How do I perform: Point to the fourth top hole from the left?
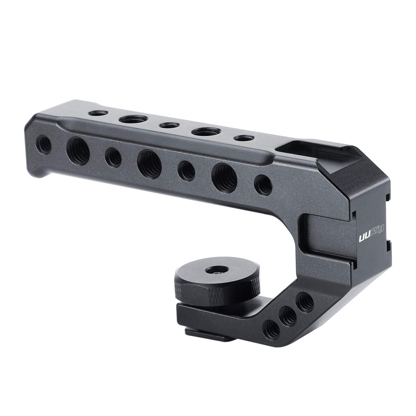click(x=204, y=131)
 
